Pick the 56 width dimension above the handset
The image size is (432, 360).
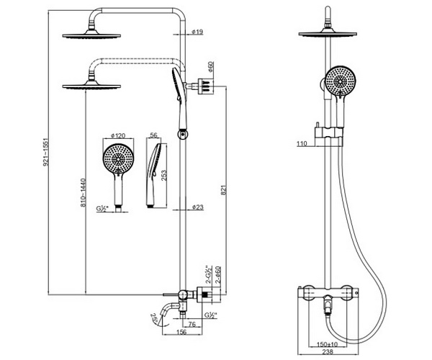click(x=154, y=135)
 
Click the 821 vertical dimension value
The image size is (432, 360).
click(x=224, y=190)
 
